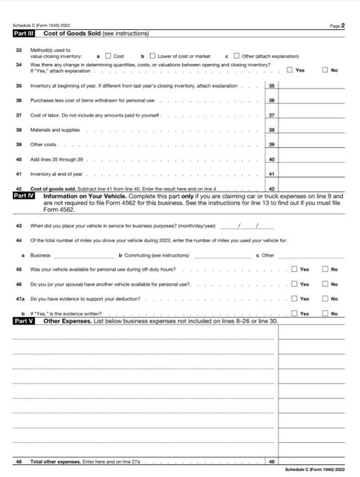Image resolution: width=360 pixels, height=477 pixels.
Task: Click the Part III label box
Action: [x=26, y=33]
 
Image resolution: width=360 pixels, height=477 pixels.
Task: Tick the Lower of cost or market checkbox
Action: [x=153, y=56]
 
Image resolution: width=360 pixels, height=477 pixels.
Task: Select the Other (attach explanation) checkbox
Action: [x=237, y=56]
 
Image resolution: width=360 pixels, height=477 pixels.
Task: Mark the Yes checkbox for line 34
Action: [x=291, y=70]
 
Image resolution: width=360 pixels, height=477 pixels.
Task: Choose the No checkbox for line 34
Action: [x=326, y=70]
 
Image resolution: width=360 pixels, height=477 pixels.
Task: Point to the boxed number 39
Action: [x=271, y=145]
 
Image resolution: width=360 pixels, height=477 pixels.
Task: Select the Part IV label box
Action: [x=26, y=196]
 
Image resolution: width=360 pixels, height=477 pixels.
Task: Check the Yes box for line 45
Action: [x=295, y=269]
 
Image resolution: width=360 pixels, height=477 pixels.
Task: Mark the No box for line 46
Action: [x=326, y=284]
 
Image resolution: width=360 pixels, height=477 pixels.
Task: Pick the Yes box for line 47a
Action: [x=295, y=299]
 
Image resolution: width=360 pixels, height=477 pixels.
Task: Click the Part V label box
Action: [x=26, y=320]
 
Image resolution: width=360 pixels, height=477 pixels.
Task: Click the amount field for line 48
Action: [x=311, y=461]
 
